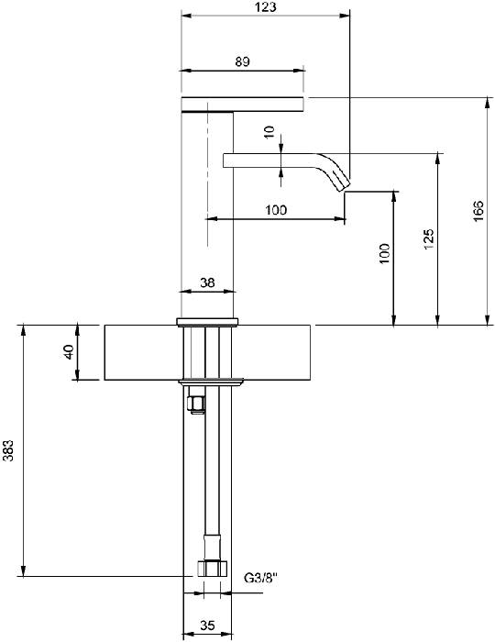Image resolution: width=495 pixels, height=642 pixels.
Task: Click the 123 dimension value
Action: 266,7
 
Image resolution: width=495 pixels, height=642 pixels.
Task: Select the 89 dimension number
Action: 242,61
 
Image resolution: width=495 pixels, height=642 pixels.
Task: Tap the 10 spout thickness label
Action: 269,132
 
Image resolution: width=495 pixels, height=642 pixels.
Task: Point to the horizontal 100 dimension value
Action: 276,210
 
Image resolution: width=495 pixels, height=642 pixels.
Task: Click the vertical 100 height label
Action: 385,253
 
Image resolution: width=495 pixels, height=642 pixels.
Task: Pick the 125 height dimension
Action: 428,239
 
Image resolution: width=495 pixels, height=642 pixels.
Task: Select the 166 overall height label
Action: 478,211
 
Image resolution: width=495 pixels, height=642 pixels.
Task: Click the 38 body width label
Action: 207,282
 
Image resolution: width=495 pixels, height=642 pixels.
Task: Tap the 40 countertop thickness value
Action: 69,351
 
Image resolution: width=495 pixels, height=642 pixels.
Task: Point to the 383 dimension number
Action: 8,450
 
